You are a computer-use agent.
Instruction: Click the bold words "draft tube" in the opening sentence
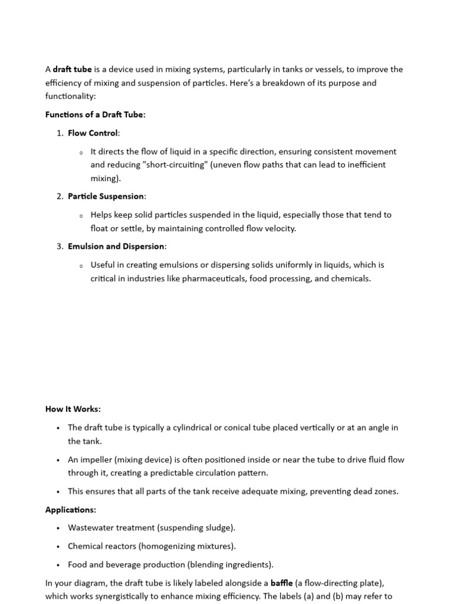click(73, 70)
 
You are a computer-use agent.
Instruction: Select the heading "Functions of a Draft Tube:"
click(95, 115)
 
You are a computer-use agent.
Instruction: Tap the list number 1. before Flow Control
click(60, 133)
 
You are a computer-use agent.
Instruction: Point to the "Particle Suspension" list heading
click(106, 196)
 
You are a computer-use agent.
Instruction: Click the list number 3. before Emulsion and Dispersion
click(60, 247)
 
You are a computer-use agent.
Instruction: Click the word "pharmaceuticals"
click(214, 278)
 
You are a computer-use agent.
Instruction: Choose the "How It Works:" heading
click(73, 409)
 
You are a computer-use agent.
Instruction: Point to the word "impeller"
click(96, 459)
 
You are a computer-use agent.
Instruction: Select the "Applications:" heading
click(71, 510)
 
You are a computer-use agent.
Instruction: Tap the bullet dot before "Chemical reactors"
click(58, 547)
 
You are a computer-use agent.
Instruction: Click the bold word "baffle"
click(281, 583)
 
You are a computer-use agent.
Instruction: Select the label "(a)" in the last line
click(323, 596)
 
